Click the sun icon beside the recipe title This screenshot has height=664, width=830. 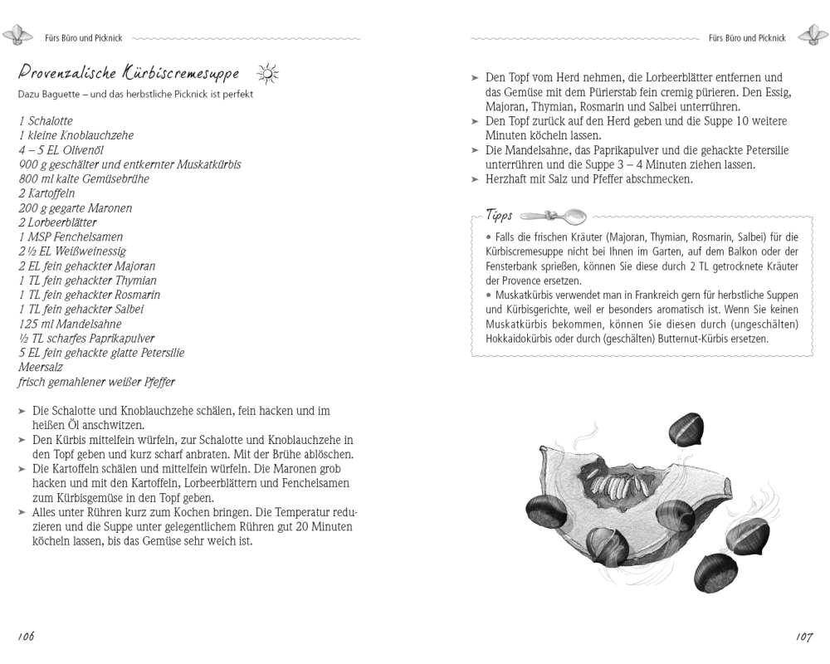(x=268, y=74)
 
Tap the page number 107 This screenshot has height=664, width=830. (x=803, y=637)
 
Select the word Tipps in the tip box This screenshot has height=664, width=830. (x=499, y=216)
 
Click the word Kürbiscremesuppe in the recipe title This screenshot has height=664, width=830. (x=183, y=73)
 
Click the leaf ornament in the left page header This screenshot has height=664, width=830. (x=16, y=37)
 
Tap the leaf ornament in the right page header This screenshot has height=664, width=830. (x=812, y=37)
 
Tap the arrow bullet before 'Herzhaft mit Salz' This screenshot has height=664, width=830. (x=476, y=179)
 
